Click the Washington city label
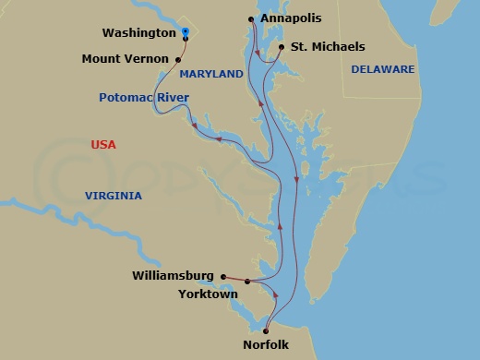point(138,32)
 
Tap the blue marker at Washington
point(186,31)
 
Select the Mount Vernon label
point(129,57)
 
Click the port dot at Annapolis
point(252,18)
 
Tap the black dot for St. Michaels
point(281,46)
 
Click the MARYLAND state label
point(210,74)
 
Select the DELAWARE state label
point(382,69)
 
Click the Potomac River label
point(144,97)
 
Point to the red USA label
point(104,145)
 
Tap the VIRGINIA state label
point(113,196)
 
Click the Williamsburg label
point(173,275)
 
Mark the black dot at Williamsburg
point(223,275)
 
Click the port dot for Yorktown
point(247,282)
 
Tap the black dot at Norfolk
point(266,330)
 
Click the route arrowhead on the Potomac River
point(220,139)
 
